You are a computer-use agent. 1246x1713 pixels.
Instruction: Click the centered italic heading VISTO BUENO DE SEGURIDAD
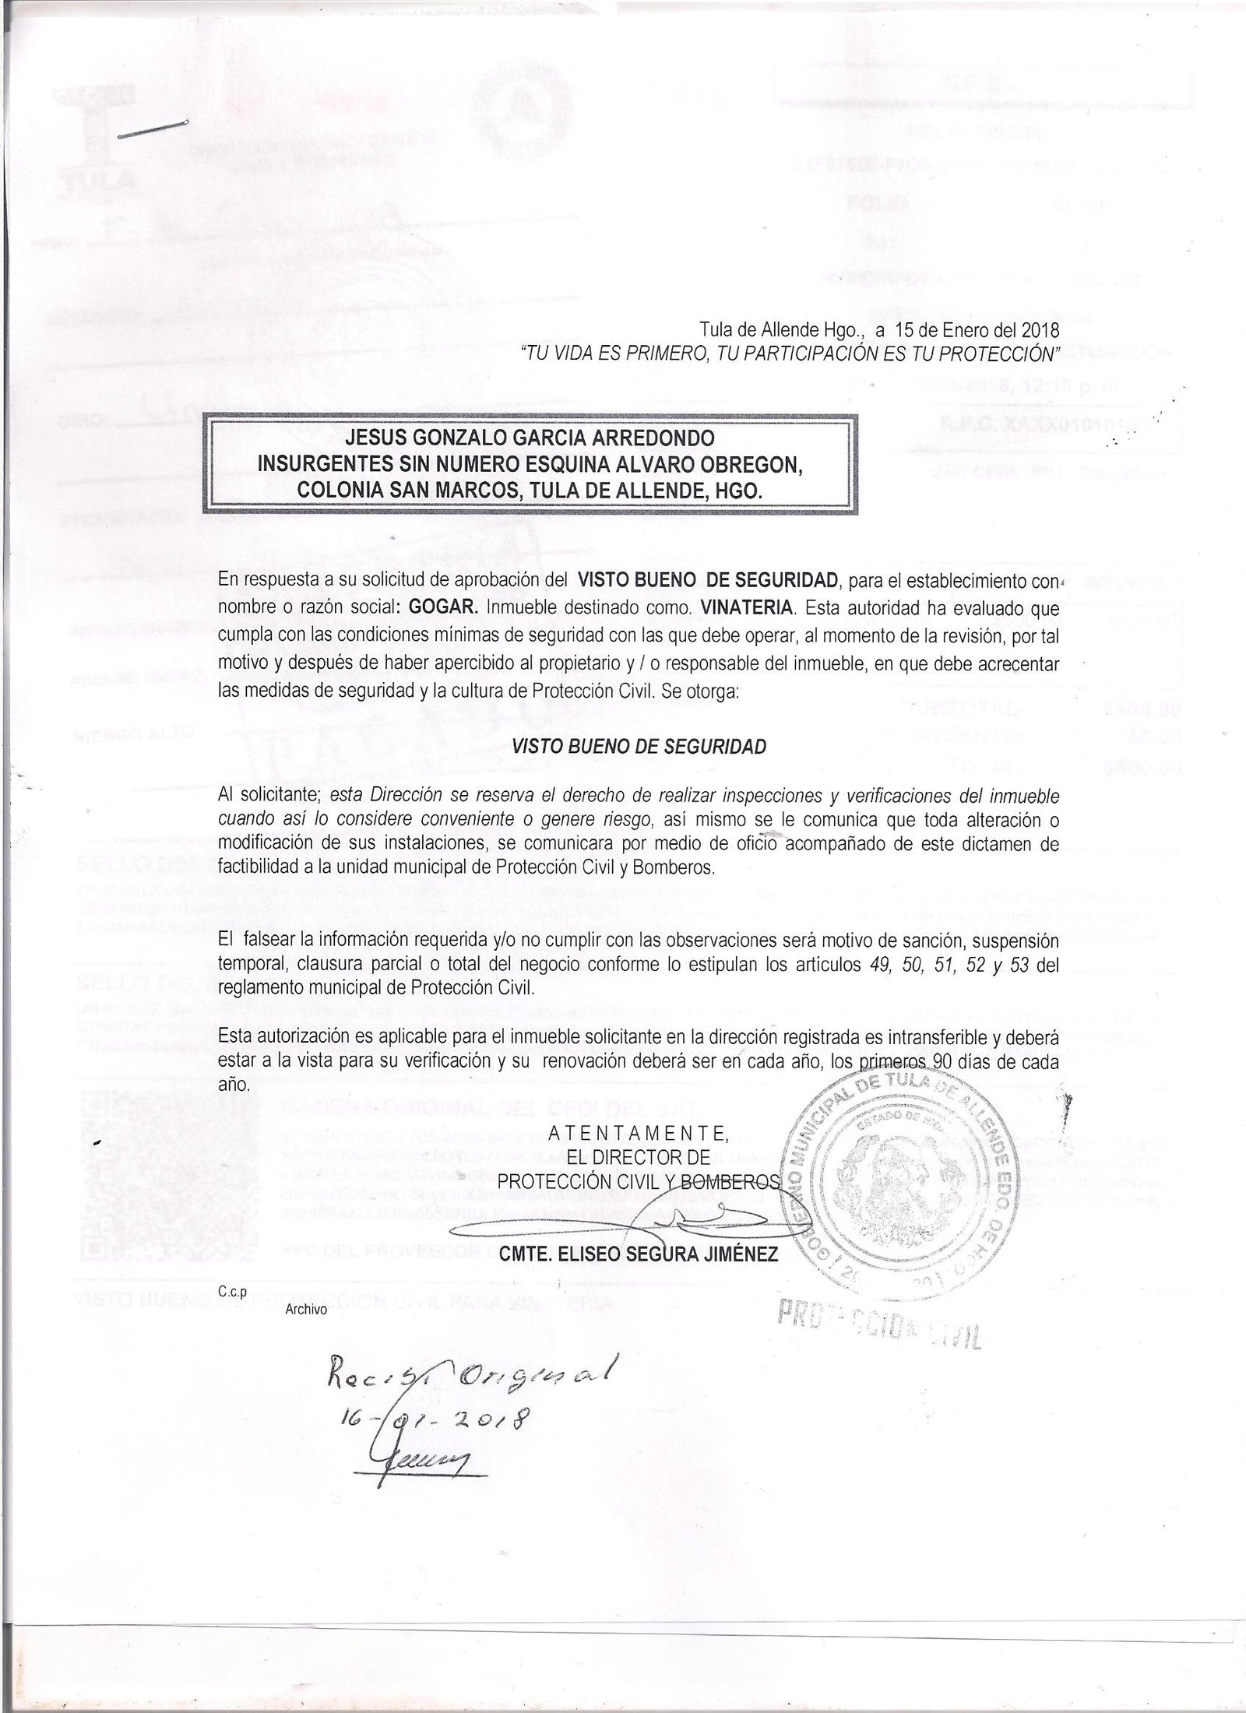(x=639, y=745)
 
